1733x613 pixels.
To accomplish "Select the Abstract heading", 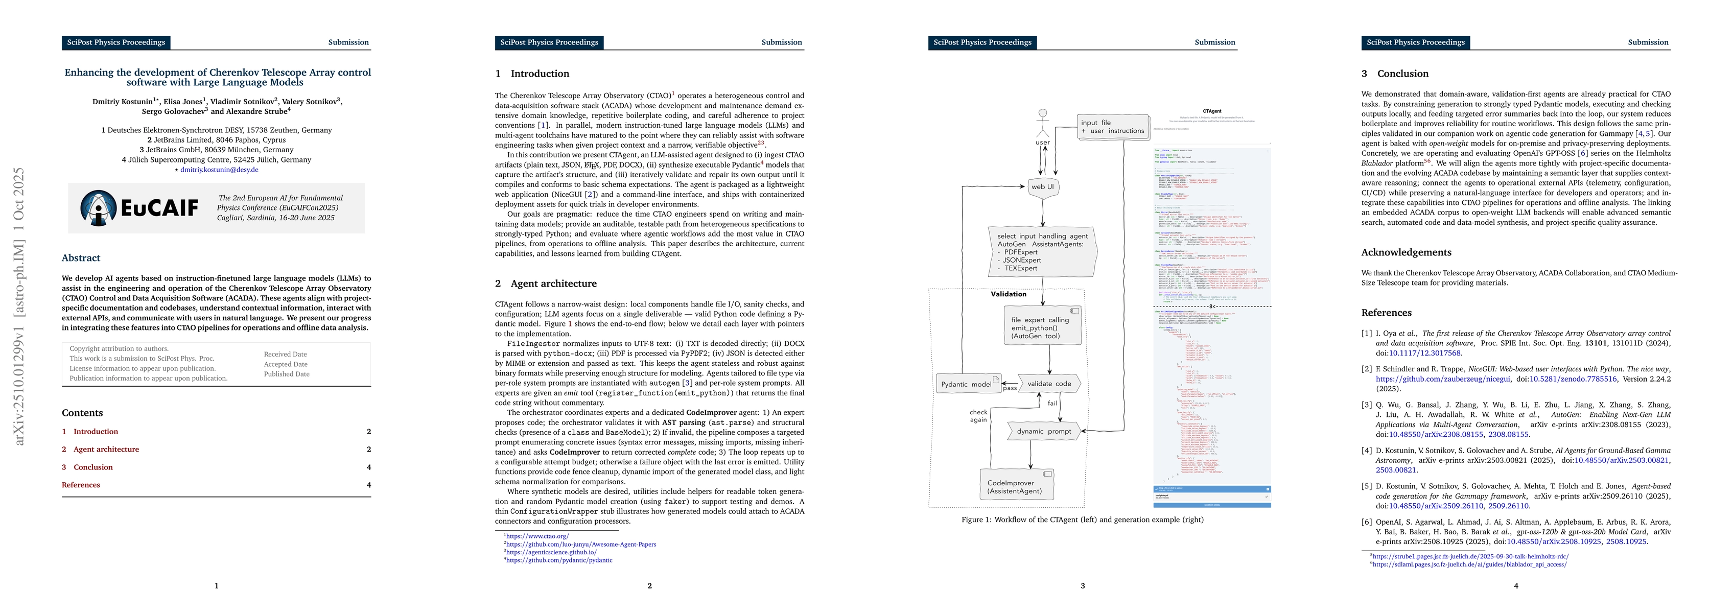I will click(81, 258).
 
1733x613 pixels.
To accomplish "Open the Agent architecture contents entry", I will click(106, 450).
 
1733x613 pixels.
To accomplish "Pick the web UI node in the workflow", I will click(1043, 187).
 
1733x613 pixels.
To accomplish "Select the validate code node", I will click(1049, 384).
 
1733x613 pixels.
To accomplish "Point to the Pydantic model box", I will click(966, 384).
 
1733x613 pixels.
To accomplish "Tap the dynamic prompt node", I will click(1043, 431).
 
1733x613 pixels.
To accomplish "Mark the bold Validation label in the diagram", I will click(1009, 294).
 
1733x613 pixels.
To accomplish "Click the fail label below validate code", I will click(1052, 404).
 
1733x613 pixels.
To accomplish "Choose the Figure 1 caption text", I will click(1083, 520).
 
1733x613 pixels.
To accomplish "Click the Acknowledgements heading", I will click(1406, 252).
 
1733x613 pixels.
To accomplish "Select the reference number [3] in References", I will click(1366, 405).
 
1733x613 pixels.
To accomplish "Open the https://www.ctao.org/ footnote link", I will click(537, 536).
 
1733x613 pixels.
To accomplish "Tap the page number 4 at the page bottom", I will click(1516, 586).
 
